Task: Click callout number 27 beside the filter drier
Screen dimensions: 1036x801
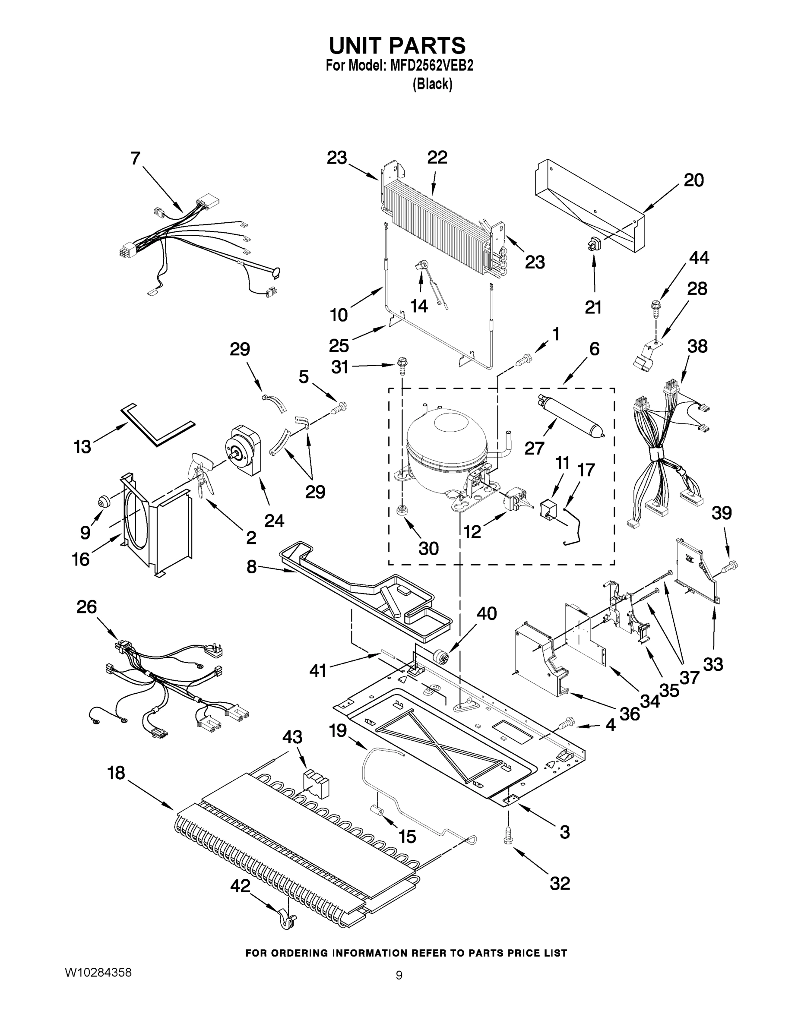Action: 534,448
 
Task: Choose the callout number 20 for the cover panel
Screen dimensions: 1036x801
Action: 693,180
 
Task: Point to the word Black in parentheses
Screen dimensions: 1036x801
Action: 432,84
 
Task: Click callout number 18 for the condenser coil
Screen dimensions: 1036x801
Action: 116,773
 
